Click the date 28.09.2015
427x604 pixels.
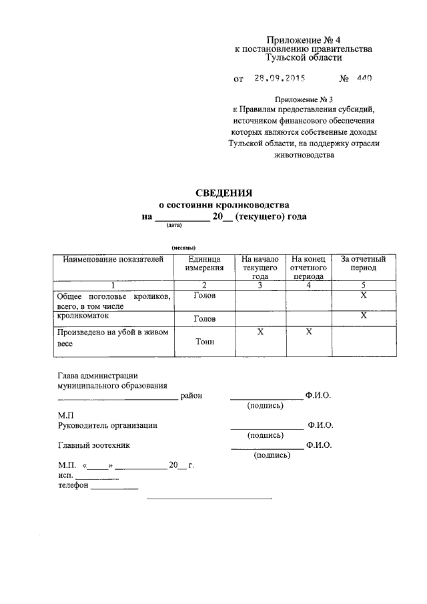tap(279, 78)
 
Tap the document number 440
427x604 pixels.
tap(364, 78)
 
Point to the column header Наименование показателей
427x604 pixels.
tap(113, 259)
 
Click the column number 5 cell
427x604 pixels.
tap(363, 285)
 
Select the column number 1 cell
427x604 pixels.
tap(113, 285)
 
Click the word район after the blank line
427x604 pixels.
tap(191, 396)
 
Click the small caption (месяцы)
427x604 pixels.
tap(183, 248)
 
